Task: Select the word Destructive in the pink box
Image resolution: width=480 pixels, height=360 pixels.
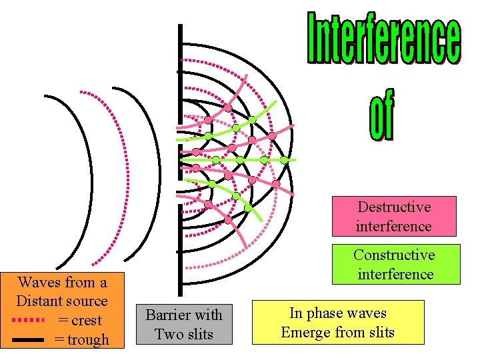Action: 394,207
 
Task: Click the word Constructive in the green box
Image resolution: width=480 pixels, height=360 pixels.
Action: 394,255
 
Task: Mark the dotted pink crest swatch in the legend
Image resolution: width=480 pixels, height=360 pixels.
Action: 29,321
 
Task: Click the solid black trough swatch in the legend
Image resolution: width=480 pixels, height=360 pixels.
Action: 29,340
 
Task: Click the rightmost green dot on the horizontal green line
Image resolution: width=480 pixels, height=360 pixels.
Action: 284,160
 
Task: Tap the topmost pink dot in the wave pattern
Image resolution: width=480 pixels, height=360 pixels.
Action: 227,107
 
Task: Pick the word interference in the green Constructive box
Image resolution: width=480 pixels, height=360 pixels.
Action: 395,274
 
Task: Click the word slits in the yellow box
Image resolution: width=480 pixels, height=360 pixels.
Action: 378,332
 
